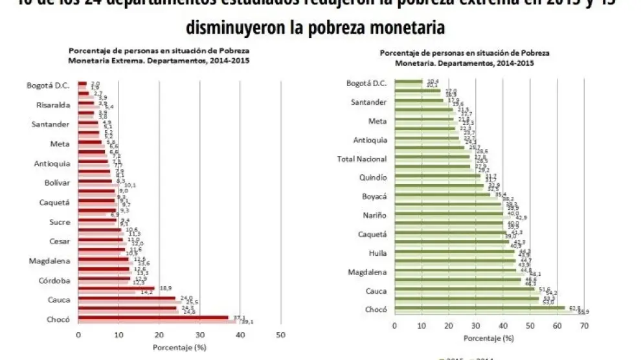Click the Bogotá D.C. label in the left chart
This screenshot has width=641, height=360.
(47, 85)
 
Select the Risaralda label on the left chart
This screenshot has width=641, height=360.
(51, 105)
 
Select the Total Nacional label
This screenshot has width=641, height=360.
(363, 159)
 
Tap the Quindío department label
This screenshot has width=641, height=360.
(373, 177)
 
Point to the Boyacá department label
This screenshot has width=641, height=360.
(374, 197)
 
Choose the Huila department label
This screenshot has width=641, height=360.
(377, 254)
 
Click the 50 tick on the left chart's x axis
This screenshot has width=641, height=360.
(280, 335)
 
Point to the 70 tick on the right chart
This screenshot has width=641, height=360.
(584, 328)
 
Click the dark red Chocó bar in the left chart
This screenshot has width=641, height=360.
(153, 317)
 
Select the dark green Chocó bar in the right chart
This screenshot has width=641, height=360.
(493, 308)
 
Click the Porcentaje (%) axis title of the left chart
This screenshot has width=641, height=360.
(179, 348)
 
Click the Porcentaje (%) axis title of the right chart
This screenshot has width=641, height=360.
(489, 339)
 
